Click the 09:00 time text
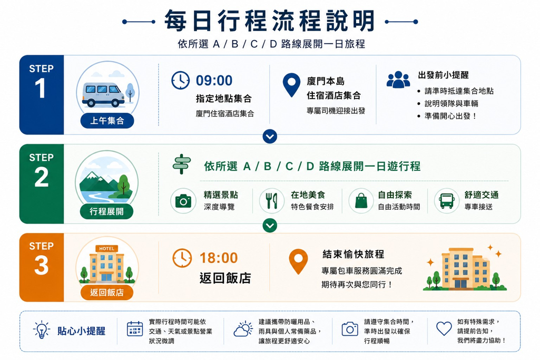pos(214,81)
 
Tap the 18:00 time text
pos(219,258)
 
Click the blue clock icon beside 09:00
pos(181,81)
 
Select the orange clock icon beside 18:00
pos(182,258)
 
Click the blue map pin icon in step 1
pos(291,85)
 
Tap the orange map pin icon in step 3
pos(298,261)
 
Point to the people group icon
pos(398,80)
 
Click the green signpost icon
pos(181,164)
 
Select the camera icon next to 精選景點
pos(183,201)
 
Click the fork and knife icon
pos(272,201)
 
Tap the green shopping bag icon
pos(361,201)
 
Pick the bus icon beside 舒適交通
pos(447,201)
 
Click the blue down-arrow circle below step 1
pos(270,137)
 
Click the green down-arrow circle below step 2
pos(270,226)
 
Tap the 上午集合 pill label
pos(107,121)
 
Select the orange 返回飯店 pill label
pos(107,292)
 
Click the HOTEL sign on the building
pos(107,248)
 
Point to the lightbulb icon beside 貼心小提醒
pos(41,330)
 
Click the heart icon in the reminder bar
pos(444,328)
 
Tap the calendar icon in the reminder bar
pos(135,328)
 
